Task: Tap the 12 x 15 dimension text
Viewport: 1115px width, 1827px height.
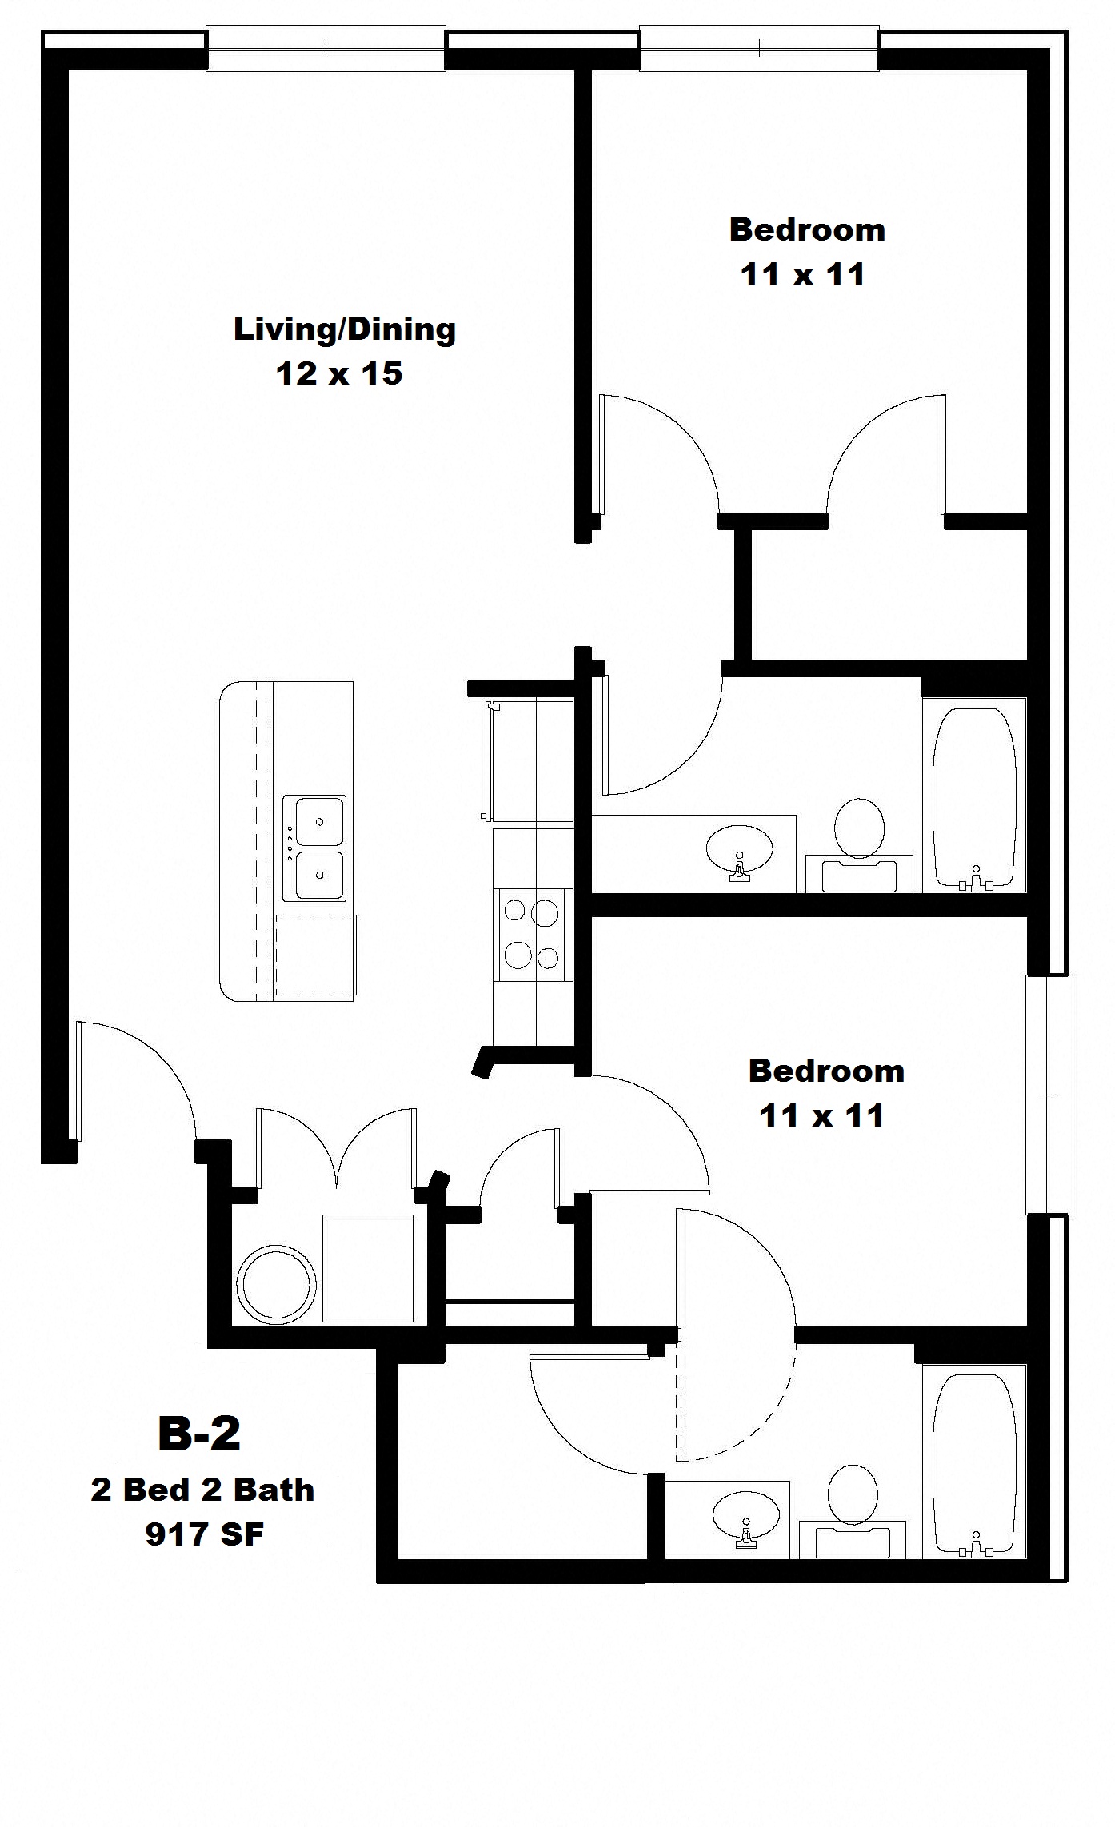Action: coord(339,374)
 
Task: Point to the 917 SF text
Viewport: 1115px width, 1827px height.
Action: coord(205,1549)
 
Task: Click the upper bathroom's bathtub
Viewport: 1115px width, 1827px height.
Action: coord(974,795)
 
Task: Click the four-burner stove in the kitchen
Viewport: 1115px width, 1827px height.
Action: coord(534,935)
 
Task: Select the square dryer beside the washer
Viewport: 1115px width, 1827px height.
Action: coord(368,1268)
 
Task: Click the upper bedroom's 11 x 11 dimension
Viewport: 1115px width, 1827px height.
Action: coord(803,275)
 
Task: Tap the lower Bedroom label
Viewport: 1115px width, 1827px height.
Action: coord(826,1071)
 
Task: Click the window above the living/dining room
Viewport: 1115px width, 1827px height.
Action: coord(326,49)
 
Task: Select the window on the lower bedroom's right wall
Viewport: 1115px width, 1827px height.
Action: coord(1049,1094)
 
